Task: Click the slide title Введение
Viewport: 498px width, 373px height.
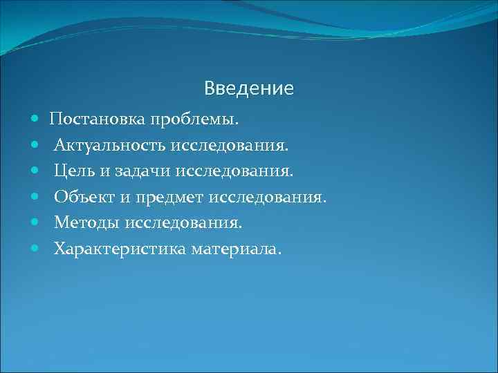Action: (x=249, y=88)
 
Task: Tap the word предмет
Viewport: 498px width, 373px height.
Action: (x=169, y=197)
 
